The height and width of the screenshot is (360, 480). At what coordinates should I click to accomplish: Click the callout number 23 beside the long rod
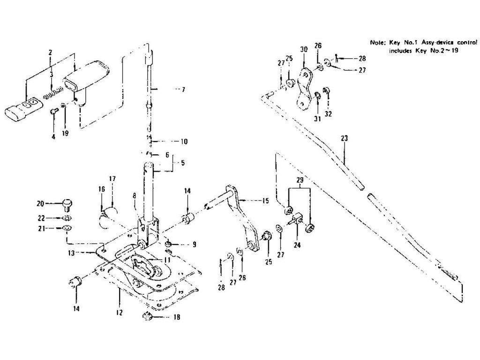(x=345, y=139)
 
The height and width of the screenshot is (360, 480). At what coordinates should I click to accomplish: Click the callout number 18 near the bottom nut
(x=176, y=317)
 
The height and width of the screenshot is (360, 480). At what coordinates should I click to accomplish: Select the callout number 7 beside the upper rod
(x=183, y=89)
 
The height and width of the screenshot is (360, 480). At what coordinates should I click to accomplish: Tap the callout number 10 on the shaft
(x=184, y=141)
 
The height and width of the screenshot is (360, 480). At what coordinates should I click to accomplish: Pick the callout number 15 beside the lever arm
(x=266, y=201)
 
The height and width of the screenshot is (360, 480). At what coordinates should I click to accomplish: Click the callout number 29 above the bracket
(x=300, y=180)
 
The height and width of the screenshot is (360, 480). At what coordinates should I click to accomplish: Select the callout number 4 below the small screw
(x=53, y=136)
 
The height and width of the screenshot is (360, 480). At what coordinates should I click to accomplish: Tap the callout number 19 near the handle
(x=65, y=133)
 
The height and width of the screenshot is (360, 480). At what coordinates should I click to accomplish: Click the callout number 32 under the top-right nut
(x=328, y=113)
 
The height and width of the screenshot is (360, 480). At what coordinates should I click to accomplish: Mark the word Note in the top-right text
(x=377, y=42)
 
